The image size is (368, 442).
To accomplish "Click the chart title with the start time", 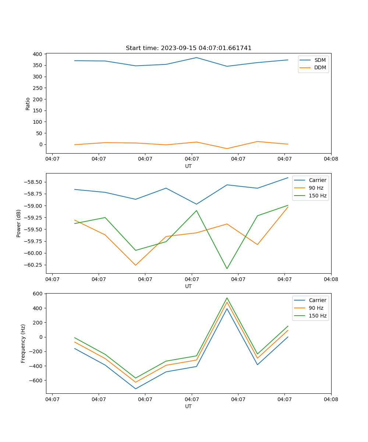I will (188, 48).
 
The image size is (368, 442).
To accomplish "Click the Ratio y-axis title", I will (28, 104).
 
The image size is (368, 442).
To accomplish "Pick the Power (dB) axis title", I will (19, 223).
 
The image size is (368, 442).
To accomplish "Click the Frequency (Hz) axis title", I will (23, 343).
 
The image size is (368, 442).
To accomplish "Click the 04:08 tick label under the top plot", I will (331, 159).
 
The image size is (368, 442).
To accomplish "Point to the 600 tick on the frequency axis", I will (38, 294).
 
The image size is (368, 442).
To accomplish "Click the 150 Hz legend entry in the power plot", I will (317, 196).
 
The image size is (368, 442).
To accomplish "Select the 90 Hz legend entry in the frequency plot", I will (316, 308).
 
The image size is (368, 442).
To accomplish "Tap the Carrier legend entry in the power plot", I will (317, 180).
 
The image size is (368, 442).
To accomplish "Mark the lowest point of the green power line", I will (227, 269).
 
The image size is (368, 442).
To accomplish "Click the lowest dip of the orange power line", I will (135, 265).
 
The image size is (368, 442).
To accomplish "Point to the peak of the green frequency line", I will (227, 298).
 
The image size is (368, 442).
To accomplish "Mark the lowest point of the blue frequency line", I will (135, 389).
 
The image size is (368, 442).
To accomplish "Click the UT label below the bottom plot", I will (188, 406).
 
